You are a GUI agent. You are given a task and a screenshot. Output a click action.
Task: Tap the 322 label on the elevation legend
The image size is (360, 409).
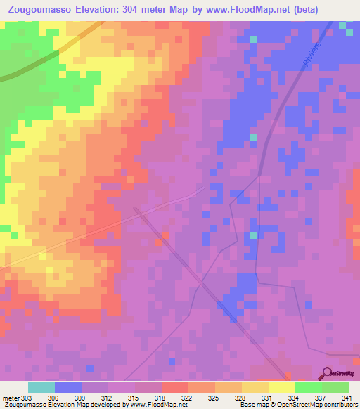pyautogui.click(x=186, y=397)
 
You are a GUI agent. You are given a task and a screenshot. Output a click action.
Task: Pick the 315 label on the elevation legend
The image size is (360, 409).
pyautogui.click(x=133, y=397)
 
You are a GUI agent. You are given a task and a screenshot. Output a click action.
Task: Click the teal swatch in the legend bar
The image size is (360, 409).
pyautogui.click(x=41, y=387)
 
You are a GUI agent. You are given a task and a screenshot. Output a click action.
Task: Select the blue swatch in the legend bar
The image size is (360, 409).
pyautogui.click(x=68, y=387)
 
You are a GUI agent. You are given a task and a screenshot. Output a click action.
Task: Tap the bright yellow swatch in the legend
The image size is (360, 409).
pyautogui.click(x=281, y=387)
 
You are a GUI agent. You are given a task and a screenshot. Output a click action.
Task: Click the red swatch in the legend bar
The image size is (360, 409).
pyautogui.click(x=175, y=387)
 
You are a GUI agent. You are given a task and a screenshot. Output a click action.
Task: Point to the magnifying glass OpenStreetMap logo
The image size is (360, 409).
pyautogui.click(x=328, y=373)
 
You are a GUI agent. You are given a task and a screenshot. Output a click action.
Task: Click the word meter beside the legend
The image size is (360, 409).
pyautogui.click(x=8, y=397)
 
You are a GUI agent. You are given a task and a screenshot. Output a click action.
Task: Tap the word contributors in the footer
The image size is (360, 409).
pyautogui.click(x=340, y=405)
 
